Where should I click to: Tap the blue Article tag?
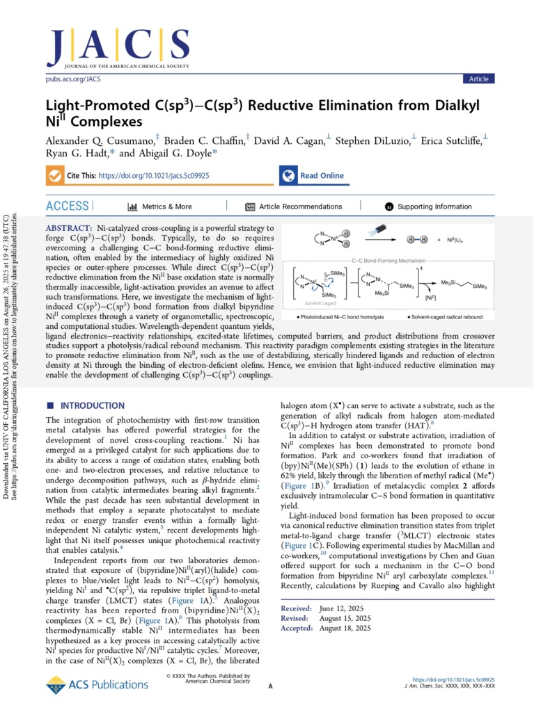tap(478, 79)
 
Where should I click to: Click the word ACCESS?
tap(67, 206)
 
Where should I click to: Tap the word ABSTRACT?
tap(68, 229)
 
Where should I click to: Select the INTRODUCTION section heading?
tap(91, 405)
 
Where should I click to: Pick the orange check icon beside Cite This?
tap(55, 176)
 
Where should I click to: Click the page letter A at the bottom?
tap(271, 686)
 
